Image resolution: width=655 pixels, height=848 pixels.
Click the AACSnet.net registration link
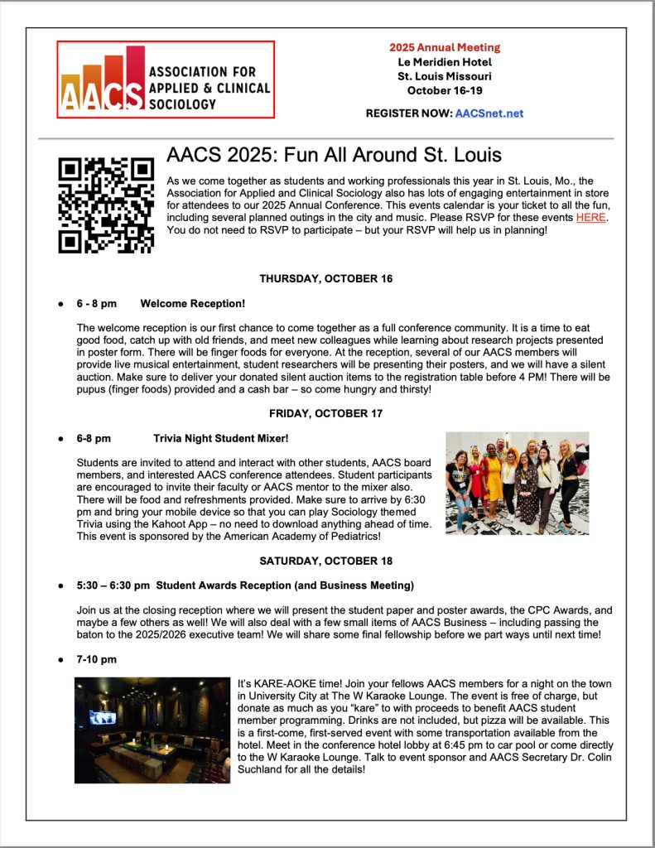[x=489, y=113]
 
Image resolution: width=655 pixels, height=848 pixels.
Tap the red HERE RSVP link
[x=590, y=217]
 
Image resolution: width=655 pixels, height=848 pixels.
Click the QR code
[x=105, y=205]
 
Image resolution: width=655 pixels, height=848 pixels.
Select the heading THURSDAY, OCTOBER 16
[x=326, y=278]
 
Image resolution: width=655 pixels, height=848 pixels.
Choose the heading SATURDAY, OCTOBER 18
[x=326, y=561]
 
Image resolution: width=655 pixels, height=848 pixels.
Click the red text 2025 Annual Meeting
[x=445, y=47]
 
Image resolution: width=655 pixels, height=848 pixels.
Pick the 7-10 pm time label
[x=96, y=659]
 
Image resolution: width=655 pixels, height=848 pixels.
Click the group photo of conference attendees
[x=517, y=482]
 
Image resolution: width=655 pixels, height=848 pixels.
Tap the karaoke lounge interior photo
[x=152, y=730]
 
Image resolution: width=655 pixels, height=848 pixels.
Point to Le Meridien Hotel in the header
[x=445, y=62]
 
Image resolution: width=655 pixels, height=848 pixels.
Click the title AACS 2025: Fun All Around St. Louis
[x=334, y=155]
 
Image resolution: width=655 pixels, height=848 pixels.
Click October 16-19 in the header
[x=445, y=90]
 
